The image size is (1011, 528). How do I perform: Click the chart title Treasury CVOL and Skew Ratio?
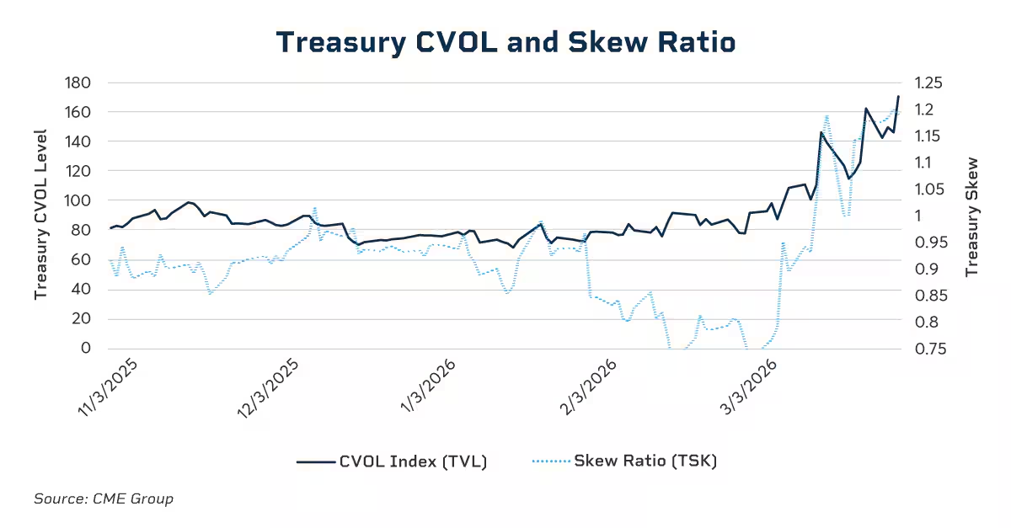point(505,42)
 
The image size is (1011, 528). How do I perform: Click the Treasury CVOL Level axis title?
point(40,216)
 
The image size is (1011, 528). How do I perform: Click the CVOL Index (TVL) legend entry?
point(392,461)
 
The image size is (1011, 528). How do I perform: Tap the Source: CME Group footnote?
point(104,499)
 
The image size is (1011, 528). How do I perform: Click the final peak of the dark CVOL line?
point(898,97)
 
